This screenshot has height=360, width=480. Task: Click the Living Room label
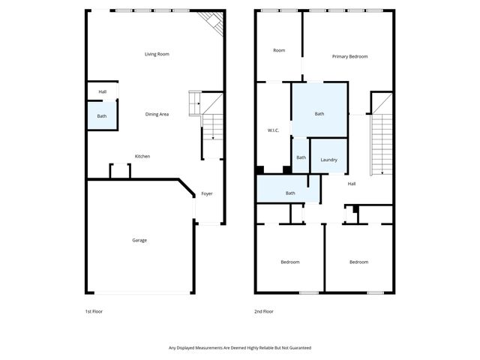coord(157,54)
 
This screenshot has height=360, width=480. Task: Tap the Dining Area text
coord(157,114)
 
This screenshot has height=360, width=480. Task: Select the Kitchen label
coord(142,156)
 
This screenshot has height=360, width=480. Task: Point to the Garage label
coord(139,240)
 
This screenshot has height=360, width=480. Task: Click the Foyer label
coord(207,193)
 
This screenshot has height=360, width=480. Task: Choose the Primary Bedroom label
coord(350,56)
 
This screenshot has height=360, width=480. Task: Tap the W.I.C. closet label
coord(273,130)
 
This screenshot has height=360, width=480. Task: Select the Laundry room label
coord(328,160)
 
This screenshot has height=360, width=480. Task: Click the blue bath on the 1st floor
coord(102,116)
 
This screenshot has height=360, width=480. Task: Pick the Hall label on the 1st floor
coord(102,91)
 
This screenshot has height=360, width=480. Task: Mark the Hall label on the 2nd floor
coord(351,183)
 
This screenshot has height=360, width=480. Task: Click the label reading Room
coord(279,50)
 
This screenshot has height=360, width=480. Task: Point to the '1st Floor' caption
coord(94,310)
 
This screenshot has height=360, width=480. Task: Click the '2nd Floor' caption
coord(264,310)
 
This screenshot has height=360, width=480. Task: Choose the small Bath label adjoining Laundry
coord(301,157)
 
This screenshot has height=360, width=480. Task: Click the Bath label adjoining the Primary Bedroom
coord(319,114)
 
